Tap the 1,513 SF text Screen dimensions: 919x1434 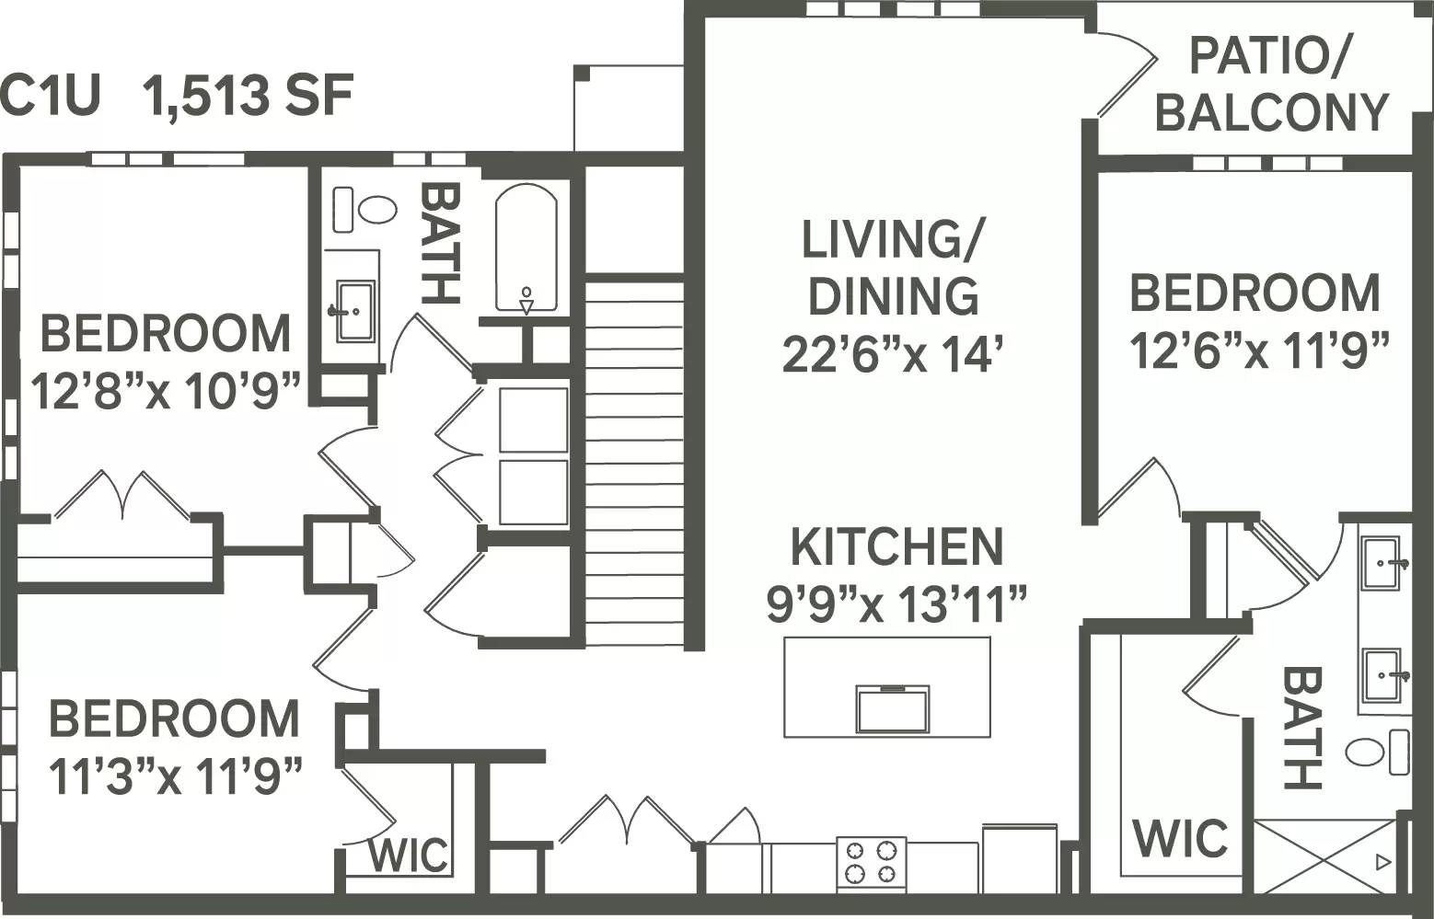[x=248, y=96]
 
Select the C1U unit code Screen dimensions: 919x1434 [x=50, y=96]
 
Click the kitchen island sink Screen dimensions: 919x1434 [x=892, y=708]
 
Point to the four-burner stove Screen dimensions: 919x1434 [x=871, y=862]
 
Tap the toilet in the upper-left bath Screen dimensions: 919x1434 [x=376, y=210]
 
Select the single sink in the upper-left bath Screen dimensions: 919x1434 [x=354, y=311]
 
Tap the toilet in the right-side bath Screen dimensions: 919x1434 [x=1367, y=752]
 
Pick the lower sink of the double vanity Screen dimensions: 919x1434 [x=1384, y=676]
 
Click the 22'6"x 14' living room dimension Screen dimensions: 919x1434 [x=891, y=354]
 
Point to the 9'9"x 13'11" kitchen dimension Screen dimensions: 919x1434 [x=896, y=603]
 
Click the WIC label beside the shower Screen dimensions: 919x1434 [x=1180, y=838]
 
